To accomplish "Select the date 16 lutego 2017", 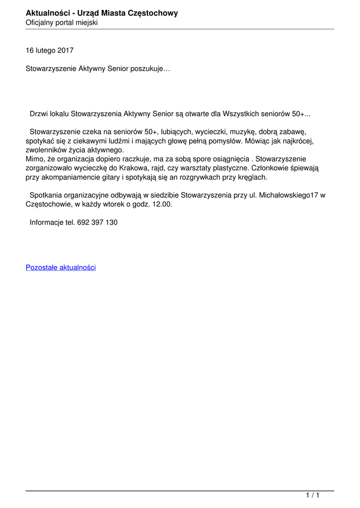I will (50, 51).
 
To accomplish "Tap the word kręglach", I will (253, 177).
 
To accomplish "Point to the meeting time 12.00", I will (162, 204).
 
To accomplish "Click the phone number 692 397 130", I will (97, 222).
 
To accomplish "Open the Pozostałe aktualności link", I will (61, 267).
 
